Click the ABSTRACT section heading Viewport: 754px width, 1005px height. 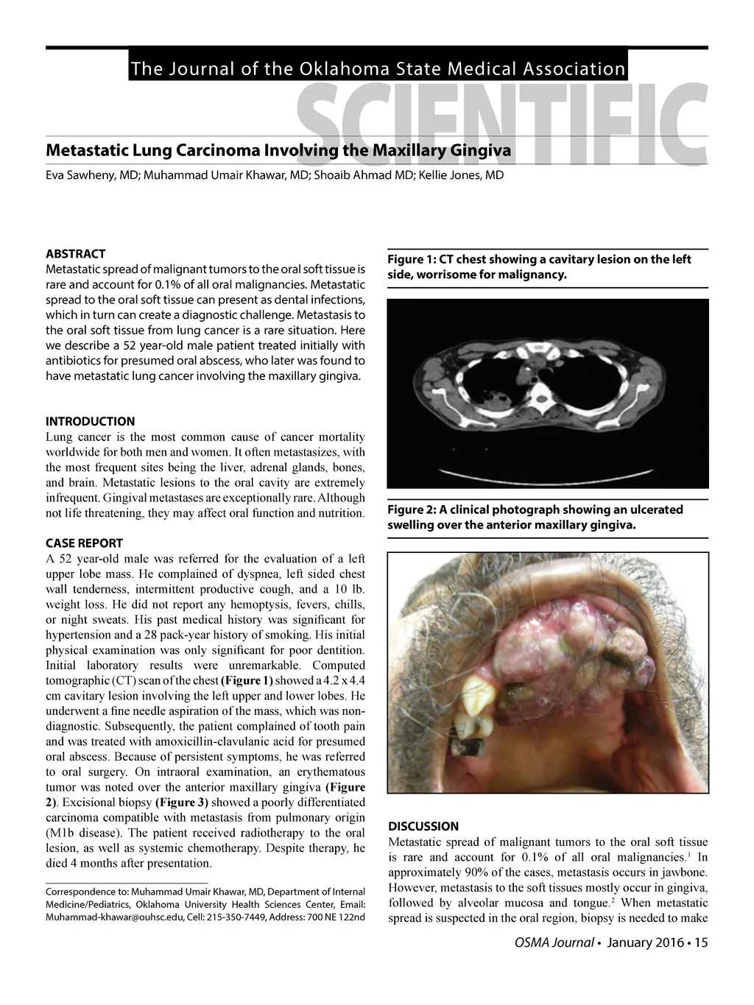[x=75, y=254]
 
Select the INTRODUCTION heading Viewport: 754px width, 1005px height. [x=90, y=422]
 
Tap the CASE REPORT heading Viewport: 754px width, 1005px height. [x=84, y=543]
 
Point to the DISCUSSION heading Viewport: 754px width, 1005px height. [x=423, y=826]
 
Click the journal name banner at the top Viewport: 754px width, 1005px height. [x=377, y=69]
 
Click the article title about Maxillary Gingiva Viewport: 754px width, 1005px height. [x=278, y=152]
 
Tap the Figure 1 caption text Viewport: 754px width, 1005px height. [x=539, y=267]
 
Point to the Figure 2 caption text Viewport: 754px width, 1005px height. [x=524, y=518]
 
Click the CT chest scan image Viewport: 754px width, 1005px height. [x=547, y=393]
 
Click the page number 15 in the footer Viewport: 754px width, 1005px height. [x=700, y=944]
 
